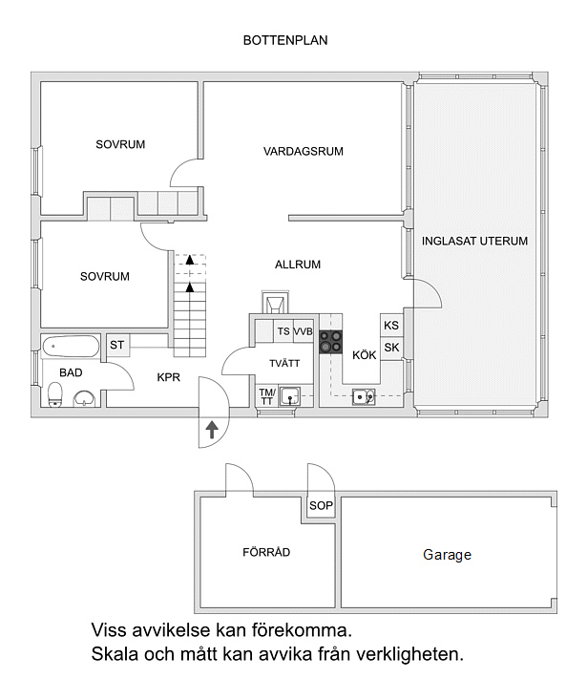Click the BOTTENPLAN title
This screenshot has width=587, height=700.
285,40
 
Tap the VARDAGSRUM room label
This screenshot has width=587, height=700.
304,151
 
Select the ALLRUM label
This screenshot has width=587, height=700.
298,265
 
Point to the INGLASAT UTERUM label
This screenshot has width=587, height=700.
474,241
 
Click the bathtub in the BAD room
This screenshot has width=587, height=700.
71,347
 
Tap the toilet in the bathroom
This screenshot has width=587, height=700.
55,394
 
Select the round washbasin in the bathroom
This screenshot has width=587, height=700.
84,398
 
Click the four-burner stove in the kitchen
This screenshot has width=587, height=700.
331,342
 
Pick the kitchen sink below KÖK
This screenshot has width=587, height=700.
364,396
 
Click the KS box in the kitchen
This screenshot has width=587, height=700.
391,325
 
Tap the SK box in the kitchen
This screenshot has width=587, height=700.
391,348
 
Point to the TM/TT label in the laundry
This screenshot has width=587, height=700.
267,396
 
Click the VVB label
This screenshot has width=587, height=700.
303,331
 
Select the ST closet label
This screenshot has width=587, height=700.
116,345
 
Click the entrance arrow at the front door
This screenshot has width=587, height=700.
212,430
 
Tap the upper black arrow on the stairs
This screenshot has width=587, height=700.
190,260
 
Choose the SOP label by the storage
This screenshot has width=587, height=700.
321,505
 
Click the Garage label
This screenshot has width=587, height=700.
447,555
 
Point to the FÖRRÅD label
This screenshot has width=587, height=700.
266,552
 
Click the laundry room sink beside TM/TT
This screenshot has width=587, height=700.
290,396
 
